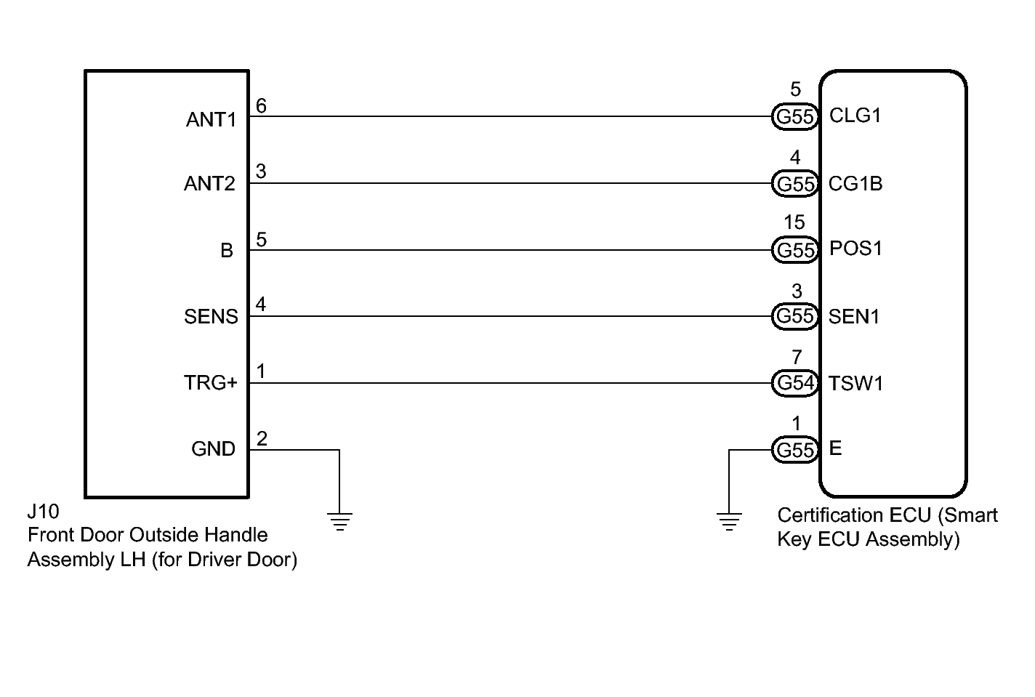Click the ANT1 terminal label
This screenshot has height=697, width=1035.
[x=211, y=119]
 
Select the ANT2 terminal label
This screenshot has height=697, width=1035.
[x=209, y=184]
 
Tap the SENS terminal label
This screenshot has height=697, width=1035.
[x=211, y=317]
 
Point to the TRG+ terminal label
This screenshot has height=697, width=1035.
[x=210, y=383]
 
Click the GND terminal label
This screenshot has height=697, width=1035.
[x=213, y=449]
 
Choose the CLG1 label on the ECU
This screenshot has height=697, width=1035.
[x=855, y=116]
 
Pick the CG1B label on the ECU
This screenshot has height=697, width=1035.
[x=855, y=184]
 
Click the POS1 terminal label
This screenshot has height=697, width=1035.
[x=855, y=249]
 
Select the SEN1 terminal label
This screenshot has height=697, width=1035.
[x=854, y=317]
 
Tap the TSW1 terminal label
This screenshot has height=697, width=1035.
[x=855, y=384]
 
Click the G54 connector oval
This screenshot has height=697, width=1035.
[x=795, y=383]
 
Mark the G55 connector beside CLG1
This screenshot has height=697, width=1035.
[x=795, y=116]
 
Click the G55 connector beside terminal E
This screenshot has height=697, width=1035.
[x=795, y=451]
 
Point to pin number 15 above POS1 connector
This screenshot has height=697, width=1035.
[x=794, y=222]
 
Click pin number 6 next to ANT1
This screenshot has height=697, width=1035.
[x=261, y=107]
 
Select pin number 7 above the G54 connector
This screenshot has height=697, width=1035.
[x=797, y=358]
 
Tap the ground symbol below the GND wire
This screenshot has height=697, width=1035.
[x=339, y=520]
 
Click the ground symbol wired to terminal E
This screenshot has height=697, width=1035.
[x=729, y=520]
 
